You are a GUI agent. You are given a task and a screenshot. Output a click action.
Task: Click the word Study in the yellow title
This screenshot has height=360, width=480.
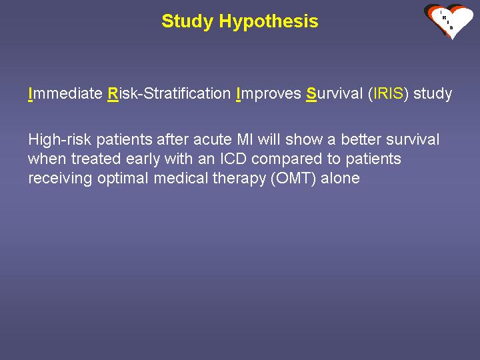[187, 21]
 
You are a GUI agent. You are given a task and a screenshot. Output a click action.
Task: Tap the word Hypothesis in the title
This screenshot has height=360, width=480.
[269, 22]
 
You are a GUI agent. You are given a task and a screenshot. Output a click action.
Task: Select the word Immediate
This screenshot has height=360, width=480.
[65, 93]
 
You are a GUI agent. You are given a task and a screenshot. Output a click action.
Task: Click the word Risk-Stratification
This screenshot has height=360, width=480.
[169, 93]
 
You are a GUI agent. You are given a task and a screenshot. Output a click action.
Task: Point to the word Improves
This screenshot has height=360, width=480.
[269, 94]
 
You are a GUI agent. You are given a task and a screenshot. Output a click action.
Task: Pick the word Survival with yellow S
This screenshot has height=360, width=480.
[334, 93]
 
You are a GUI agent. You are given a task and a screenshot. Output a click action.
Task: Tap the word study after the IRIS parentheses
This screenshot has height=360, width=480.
[433, 94]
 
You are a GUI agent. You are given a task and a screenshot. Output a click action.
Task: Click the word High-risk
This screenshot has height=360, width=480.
[60, 139]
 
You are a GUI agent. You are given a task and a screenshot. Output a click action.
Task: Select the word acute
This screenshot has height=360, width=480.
[213, 140]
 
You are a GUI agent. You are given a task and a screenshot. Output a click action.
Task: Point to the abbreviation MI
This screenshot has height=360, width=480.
[245, 139]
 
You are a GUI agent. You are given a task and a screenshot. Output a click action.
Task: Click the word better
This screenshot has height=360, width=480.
[361, 139]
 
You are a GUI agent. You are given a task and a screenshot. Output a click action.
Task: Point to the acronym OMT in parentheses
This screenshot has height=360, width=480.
[293, 179]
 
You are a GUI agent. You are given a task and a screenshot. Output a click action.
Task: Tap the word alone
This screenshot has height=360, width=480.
[340, 178]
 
